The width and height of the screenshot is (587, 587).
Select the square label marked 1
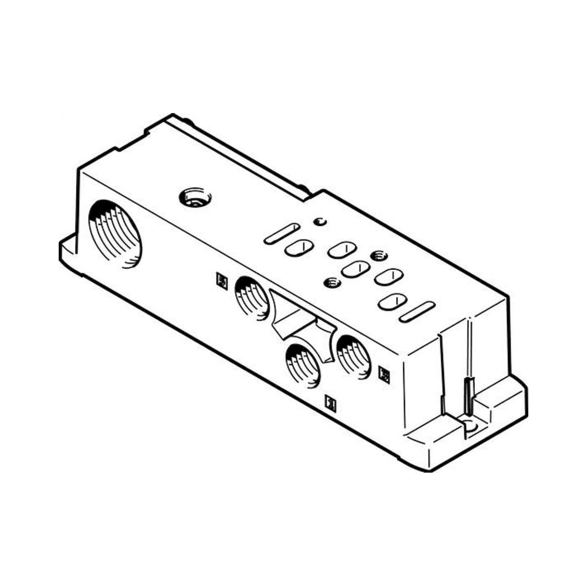(330, 404)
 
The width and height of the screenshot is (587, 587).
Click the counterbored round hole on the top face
(195, 198)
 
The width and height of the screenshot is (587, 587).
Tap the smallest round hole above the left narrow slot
(320, 222)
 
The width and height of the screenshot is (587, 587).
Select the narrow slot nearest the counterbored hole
(282, 234)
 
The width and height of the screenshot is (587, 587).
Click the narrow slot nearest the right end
(417, 312)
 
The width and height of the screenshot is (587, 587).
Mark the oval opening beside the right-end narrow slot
(393, 302)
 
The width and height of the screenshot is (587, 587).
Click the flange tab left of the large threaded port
(68, 246)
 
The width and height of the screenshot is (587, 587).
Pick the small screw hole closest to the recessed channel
(332, 283)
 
